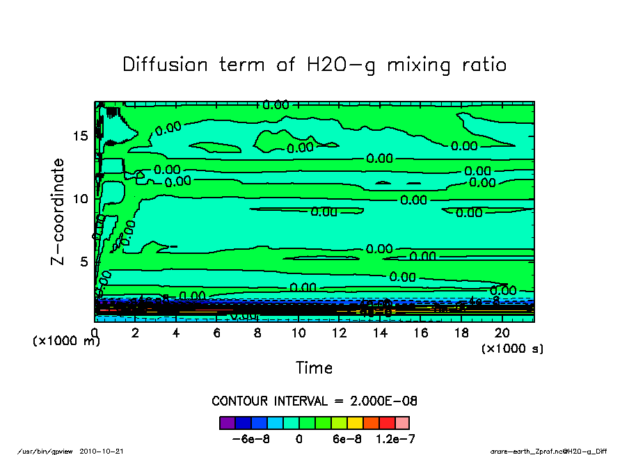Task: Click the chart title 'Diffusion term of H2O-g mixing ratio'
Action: click(314, 65)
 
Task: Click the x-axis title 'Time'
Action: click(314, 367)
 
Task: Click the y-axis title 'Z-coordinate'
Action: click(58, 211)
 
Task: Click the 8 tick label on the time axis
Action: click(257, 333)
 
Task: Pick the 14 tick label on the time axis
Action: click(380, 333)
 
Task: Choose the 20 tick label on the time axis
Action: click(502, 333)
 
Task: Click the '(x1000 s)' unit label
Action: click(512, 348)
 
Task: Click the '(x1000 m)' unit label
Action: click(67, 341)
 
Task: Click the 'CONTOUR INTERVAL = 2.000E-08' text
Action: click(314, 401)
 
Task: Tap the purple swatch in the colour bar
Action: click(227, 422)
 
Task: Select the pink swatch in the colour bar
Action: click(401, 422)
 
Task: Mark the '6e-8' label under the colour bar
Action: click(345, 439)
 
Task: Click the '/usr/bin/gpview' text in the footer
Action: click(51, 451)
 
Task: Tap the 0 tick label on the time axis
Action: click(95, 333)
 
